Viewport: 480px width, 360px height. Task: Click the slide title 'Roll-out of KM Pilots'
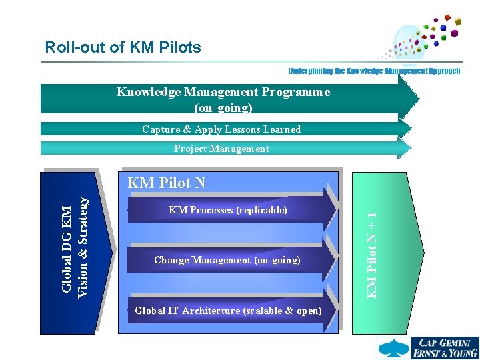(x=123, y=47)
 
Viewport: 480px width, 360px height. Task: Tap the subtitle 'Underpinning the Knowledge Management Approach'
(x=374, y=71)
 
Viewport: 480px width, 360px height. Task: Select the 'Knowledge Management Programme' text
(x=223, y=92)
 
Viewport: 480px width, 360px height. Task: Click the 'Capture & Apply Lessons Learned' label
(x=221, y=129)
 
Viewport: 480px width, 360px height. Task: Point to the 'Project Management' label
(x=221, y=149)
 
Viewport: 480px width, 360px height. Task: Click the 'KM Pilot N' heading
(x=167, y=183)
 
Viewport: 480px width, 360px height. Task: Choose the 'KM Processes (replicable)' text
(x=228, y=210)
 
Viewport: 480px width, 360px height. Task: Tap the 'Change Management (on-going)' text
(x=227, y=260)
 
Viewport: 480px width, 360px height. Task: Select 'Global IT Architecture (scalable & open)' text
(x=228, y=311)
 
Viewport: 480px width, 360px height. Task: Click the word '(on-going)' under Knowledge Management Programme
(x=223, y=107)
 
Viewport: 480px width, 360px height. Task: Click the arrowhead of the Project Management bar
(x=407, y=149)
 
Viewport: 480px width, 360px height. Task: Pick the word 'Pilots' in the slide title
(x=179, y=47)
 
